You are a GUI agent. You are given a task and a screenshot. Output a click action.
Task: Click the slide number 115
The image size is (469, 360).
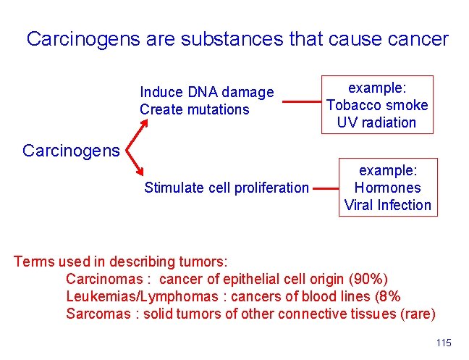(444, 343)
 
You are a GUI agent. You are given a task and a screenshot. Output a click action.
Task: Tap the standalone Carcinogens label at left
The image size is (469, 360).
(71, 151)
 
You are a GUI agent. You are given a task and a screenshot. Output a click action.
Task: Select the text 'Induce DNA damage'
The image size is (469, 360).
(206, 92)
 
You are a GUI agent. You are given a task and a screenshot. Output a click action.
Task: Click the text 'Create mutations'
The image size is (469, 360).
(194, 109)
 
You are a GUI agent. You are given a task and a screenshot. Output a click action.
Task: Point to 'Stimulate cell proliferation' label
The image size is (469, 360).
(226, 188)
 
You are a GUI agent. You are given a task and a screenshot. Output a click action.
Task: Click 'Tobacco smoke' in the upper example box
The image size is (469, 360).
(377, 105)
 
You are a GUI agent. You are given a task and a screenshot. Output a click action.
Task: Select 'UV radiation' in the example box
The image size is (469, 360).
(377, 122)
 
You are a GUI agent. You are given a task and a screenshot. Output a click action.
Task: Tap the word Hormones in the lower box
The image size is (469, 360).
(388, 187)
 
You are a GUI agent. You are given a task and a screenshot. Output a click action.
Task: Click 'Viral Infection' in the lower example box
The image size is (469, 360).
(388, 204)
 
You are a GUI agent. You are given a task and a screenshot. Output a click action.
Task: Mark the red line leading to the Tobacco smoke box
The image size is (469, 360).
(300, 103)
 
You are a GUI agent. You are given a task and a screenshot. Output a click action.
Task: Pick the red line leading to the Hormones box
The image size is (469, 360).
(327, 189)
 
